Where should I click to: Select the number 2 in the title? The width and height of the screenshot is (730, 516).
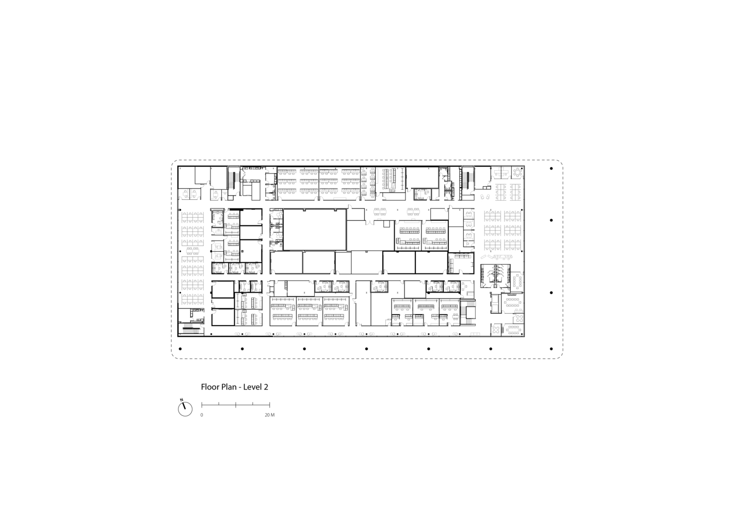266,387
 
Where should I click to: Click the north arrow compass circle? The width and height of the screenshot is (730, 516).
185,409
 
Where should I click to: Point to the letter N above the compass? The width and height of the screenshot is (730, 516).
182,399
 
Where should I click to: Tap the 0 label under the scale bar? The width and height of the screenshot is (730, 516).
202,415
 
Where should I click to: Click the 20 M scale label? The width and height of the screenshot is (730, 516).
269,415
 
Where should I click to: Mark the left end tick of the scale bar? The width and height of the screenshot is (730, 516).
202,405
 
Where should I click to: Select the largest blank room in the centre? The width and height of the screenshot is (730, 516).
315,230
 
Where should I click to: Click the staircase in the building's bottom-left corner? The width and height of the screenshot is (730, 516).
191,329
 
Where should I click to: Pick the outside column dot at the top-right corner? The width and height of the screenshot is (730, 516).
551,169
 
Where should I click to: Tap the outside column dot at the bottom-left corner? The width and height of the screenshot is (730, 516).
180,349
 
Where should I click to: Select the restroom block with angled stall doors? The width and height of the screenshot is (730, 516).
495,276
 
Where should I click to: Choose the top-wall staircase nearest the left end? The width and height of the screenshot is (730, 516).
232,181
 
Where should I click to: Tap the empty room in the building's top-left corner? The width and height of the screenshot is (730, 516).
186,177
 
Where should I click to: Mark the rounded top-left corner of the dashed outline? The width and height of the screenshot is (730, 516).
173,162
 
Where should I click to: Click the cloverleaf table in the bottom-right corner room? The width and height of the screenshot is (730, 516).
496,330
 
